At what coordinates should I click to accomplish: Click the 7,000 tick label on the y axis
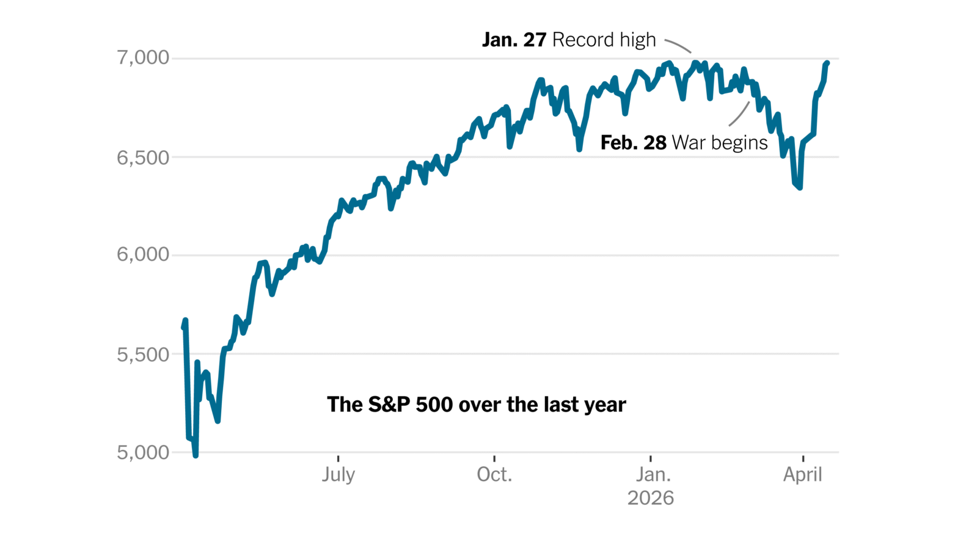[142, 58]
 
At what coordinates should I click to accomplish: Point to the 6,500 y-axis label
[142, 157]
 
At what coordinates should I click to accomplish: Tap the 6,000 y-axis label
[142, 255]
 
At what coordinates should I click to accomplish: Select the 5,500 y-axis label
[142, 354]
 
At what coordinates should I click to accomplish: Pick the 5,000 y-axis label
[142, 452]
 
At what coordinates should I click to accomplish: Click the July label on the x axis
[338, 474]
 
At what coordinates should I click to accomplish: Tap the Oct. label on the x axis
[494, 474]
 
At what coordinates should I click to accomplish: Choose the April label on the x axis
[802, 474]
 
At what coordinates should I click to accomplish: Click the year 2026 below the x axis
[651, 498]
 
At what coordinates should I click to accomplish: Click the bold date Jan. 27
[514, 40]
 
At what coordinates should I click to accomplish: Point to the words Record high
[604, 40]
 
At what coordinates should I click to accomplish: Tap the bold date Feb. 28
[633, 143]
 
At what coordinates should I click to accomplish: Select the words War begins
[719, 143]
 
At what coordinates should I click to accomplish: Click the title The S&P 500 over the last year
[476, 405]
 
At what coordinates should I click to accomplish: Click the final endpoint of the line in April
[827, 63]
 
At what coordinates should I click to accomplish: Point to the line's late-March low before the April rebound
[800, 187]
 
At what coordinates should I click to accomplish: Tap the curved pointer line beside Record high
[678, 45]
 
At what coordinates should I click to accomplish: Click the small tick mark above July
[338, 458]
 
